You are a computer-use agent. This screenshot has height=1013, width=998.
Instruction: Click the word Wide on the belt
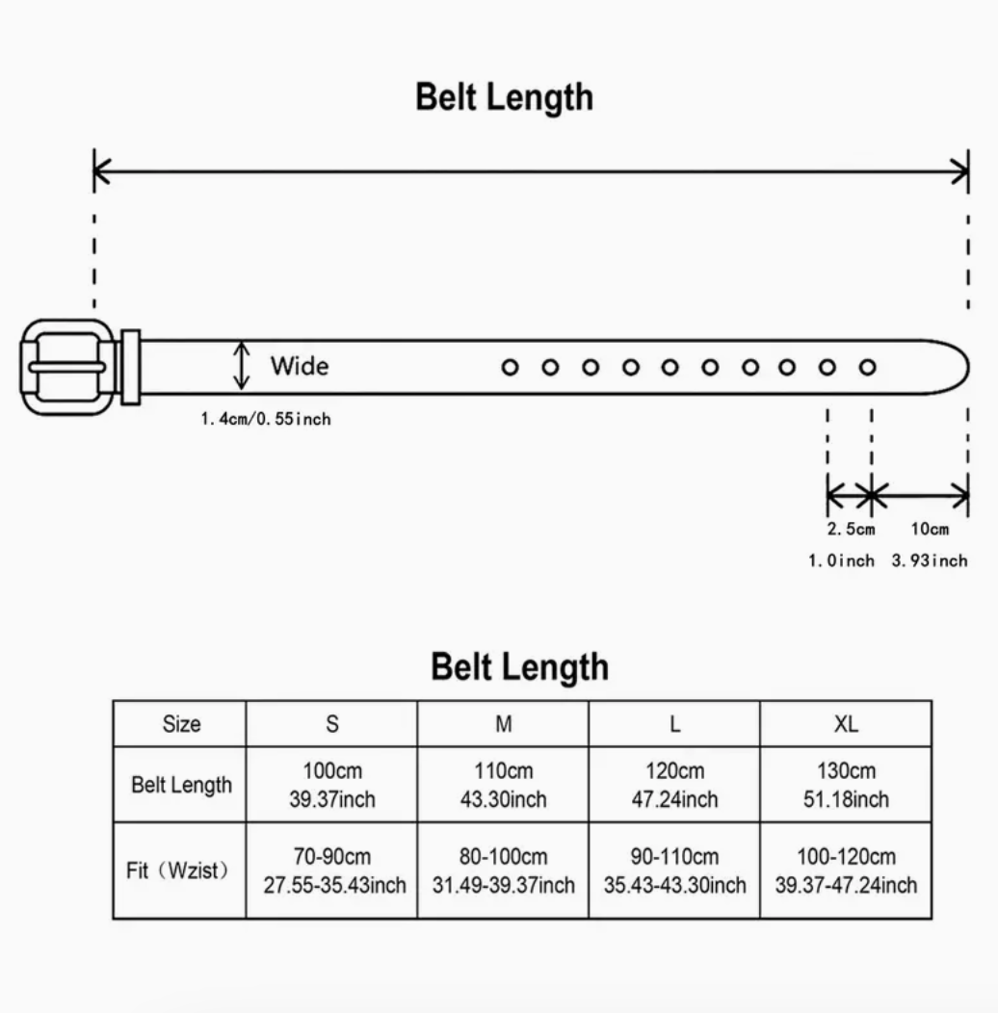pos(300,366)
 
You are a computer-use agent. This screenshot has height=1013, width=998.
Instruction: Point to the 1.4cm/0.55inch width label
pos(266,419)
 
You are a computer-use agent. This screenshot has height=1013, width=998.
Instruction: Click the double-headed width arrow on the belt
pos(242,366)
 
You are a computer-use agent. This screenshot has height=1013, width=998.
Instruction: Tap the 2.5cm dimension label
pos(851,529)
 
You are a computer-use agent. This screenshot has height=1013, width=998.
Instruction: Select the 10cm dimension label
pos(930,529)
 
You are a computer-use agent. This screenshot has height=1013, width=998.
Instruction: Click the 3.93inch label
pos(930,560)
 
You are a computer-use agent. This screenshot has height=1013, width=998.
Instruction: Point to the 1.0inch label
pos(841,560)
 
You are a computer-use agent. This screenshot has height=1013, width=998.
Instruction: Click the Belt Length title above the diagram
pos(504,97)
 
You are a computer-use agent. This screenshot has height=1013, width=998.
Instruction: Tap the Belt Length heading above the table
pos(519,667)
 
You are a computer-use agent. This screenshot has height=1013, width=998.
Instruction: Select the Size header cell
pos(180,723)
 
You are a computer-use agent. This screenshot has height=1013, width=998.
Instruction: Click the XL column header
pos(846,723)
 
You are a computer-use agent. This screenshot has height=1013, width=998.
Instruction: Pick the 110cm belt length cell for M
pos(504,784)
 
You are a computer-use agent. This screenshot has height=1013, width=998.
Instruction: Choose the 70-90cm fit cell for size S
pos(332,870)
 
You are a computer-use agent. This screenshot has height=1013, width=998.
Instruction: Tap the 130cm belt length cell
pos(846,784)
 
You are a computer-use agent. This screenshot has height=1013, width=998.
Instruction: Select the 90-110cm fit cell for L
pos(675,870)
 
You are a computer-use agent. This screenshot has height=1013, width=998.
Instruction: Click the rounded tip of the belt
pos(967,367)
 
